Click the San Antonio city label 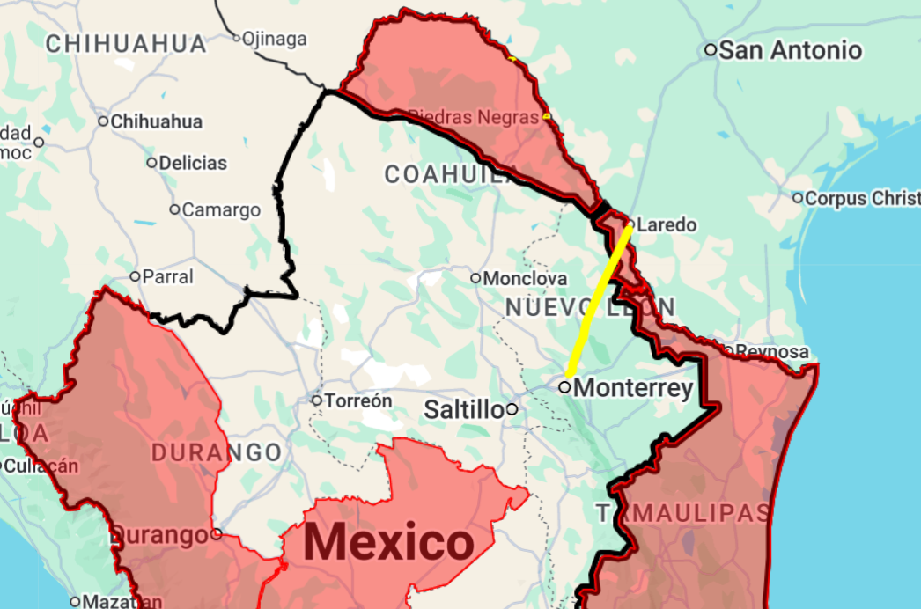tap(790, 50)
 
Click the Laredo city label tap(666, 225)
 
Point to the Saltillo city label tap(464, 409)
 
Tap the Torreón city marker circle tap(317, 400)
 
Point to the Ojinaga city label tap(275, 39)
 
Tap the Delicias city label tap(193, 163)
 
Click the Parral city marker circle tap(136, 276)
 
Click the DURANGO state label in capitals tap(217, 453)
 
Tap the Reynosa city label tap(771, 352)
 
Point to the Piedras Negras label tap(474, 116)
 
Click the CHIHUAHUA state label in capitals tap(126, 43)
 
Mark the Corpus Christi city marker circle tap(798, 198)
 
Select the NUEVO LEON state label tap(590, 307)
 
